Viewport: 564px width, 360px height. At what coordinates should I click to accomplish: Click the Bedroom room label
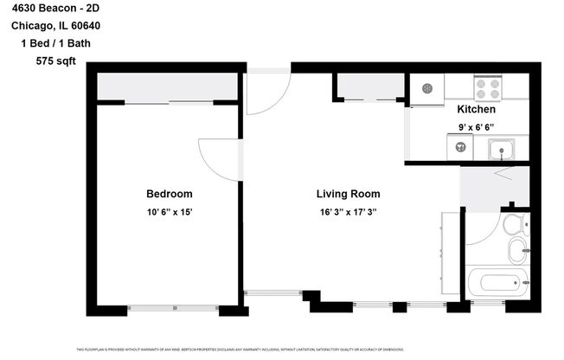click(x=169, y=194)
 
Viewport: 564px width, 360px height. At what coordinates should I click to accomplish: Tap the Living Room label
click(x=348, y=194)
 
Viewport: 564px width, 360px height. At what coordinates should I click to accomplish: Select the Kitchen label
click(x=476, y=110)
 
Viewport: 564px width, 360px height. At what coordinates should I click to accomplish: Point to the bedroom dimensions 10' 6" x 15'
click(x=169, y=212)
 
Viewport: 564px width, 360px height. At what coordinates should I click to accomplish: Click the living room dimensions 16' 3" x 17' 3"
click(x=348, y=212)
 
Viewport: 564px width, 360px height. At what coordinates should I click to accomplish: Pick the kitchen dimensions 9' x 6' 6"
click(x=476, y=127)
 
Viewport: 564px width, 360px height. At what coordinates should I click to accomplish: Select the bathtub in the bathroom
click(x=496, y=283)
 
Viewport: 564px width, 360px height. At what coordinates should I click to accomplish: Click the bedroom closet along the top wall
click(x=168, y=87)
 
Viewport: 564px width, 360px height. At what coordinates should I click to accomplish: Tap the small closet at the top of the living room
click(x=369, y=87)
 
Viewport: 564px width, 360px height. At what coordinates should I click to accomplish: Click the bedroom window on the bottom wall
click(x=173, y=307)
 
